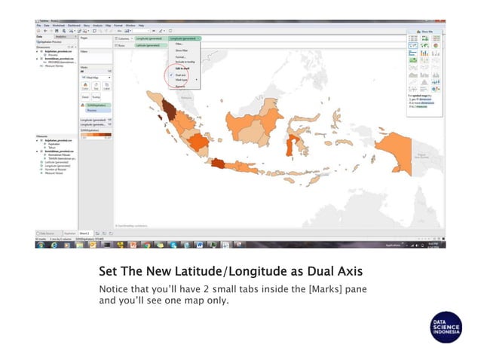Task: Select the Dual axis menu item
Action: pos(180,75)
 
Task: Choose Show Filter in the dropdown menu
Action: pos(182,50)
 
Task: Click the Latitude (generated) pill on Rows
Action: pos(149,45)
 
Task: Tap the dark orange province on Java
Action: pos(219,163)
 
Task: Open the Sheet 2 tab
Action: pos(84,234)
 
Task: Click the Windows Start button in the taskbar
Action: pos(39,245)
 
